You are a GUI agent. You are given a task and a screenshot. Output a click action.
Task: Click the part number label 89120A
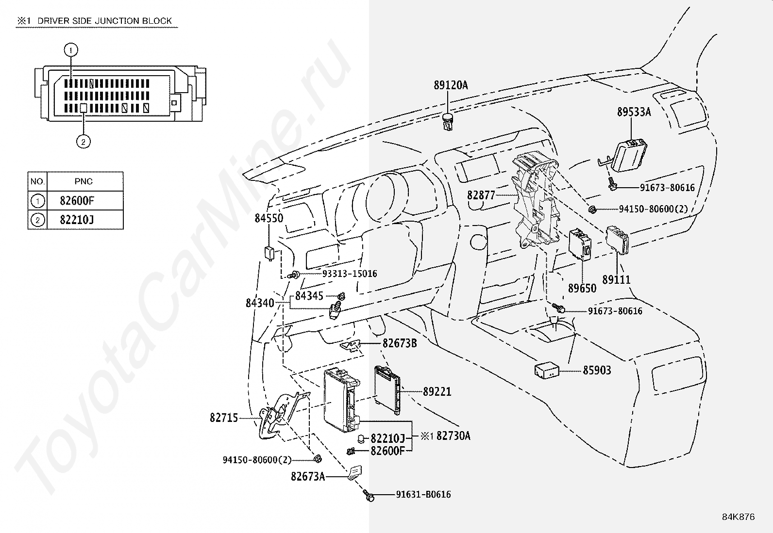coord(451,85)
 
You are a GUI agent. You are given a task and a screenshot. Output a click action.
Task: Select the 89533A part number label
coord(634,112)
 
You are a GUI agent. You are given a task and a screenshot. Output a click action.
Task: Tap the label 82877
coord(481,195)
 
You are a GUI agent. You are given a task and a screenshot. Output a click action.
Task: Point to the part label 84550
coord(269,218)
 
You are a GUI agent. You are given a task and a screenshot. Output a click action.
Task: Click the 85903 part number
coord(597,370)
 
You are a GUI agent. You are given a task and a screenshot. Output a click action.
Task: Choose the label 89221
coord(437,392)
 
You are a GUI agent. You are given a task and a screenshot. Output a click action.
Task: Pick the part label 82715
coord(224,418)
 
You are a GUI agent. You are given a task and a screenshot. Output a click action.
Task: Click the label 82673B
coord(400,343)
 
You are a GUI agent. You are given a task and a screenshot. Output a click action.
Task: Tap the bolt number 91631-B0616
coord(423,494)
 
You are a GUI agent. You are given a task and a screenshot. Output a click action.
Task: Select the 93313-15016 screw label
coord(350,274)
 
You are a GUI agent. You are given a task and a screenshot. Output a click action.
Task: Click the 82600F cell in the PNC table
coord(77,201)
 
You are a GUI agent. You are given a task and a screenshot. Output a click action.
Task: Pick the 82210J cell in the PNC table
coord(77,220)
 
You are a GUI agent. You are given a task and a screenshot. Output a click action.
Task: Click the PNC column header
coord(84,181)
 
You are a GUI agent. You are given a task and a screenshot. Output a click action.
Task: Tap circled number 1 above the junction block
coord(71,50)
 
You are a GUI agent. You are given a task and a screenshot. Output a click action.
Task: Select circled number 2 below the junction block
coord(83,142)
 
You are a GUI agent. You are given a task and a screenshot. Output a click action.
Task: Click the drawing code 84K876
coord(738,517)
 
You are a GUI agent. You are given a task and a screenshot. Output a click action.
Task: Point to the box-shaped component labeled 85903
coord(547,371)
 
